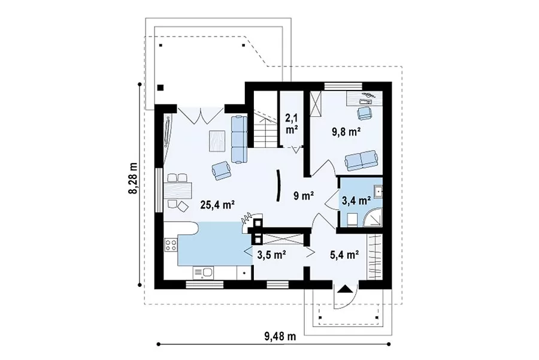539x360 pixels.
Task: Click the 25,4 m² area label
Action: click(217, 205)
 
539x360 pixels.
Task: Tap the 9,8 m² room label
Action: click(346, 132)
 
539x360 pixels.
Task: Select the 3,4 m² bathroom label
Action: click(356, 200)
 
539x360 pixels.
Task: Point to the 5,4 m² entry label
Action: click(345, 255)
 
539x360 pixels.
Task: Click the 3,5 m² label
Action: click(272, 255)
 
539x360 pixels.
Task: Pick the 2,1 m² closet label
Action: click(292, 124)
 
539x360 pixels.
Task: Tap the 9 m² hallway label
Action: click(304, 196)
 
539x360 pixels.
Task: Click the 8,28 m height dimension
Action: click(133, 178)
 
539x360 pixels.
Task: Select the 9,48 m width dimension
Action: click(280, 336)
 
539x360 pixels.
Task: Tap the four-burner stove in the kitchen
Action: click(171, 245)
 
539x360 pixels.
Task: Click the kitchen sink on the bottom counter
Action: click(203, 273)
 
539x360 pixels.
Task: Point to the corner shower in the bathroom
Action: click(373, 217)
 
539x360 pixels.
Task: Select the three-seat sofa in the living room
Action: click(239, 139)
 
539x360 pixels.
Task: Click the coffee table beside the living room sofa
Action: click(217, 141)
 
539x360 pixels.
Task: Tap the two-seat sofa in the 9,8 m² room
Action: click(362, 160)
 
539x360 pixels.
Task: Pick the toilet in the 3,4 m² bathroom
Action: click(352, 220)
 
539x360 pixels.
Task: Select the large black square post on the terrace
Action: click(161, 87)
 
